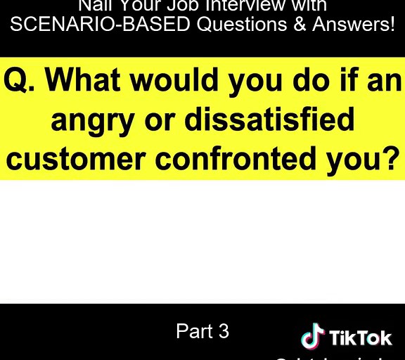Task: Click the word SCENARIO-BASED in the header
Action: (x=101, y=25)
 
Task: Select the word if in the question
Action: (x=345, y=82)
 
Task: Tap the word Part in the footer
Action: (x=193, y=331)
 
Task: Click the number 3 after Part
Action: (x=224, y=331)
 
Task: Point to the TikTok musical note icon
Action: (x=312, y=337)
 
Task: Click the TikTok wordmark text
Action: (x=361, y=338)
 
